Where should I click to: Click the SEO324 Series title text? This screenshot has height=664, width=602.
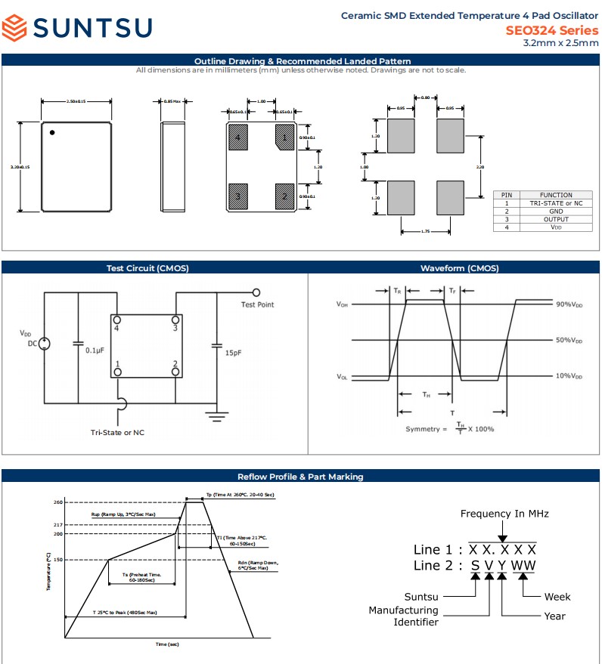[551, 30]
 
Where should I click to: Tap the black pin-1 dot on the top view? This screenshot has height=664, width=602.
[52, 133]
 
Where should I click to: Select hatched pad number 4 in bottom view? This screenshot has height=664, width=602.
[238, 137]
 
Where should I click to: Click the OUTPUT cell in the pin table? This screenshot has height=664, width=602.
[556, 219]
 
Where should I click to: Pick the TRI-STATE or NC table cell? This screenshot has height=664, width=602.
[556, 203]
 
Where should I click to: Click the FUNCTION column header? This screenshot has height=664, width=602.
[556, 195]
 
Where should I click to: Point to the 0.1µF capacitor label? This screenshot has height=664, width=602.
[95, 351]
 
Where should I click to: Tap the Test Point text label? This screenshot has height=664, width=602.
[257, 304]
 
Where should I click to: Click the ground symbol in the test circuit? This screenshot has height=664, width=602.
[218, 413]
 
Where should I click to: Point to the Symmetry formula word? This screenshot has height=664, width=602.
[421, 429]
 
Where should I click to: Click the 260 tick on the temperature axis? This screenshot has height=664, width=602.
[57, 502]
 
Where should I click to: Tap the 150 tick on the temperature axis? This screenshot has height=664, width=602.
[57, 560]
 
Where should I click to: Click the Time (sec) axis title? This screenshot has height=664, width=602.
[167, 644]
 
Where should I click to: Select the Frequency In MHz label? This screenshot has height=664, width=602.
[504, 514]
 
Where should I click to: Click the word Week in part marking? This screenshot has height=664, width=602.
[557, 597]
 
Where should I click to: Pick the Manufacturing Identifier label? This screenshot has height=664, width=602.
[403, 616]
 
